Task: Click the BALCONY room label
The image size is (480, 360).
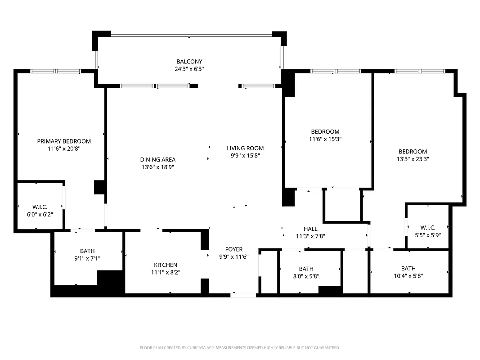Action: coord(189,62)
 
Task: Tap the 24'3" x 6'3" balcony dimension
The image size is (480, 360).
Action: coord(189,69)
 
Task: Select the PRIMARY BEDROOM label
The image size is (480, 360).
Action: coord(64,141)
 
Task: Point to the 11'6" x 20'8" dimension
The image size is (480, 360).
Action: coord(64,148)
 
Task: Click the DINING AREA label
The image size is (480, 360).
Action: coord(158,160)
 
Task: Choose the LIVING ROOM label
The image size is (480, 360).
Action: coord(245,148)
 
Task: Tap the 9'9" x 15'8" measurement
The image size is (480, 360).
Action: coord(245,156)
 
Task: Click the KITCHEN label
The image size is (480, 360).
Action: coord(166,265)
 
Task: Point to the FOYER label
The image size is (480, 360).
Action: coord(234,249)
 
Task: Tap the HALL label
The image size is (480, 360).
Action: coord(310,229)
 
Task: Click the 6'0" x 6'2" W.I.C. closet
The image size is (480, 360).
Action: coord(40,211)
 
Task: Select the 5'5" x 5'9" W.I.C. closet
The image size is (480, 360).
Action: coord(427,231)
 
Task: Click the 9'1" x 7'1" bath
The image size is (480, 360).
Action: coord(87,255)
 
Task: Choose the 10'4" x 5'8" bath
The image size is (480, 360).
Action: coord(408,272)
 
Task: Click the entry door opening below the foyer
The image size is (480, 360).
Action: coord(244,295)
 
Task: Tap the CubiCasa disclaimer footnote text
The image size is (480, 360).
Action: coord(240,348)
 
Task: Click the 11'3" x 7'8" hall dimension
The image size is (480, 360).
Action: coord(310,236)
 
